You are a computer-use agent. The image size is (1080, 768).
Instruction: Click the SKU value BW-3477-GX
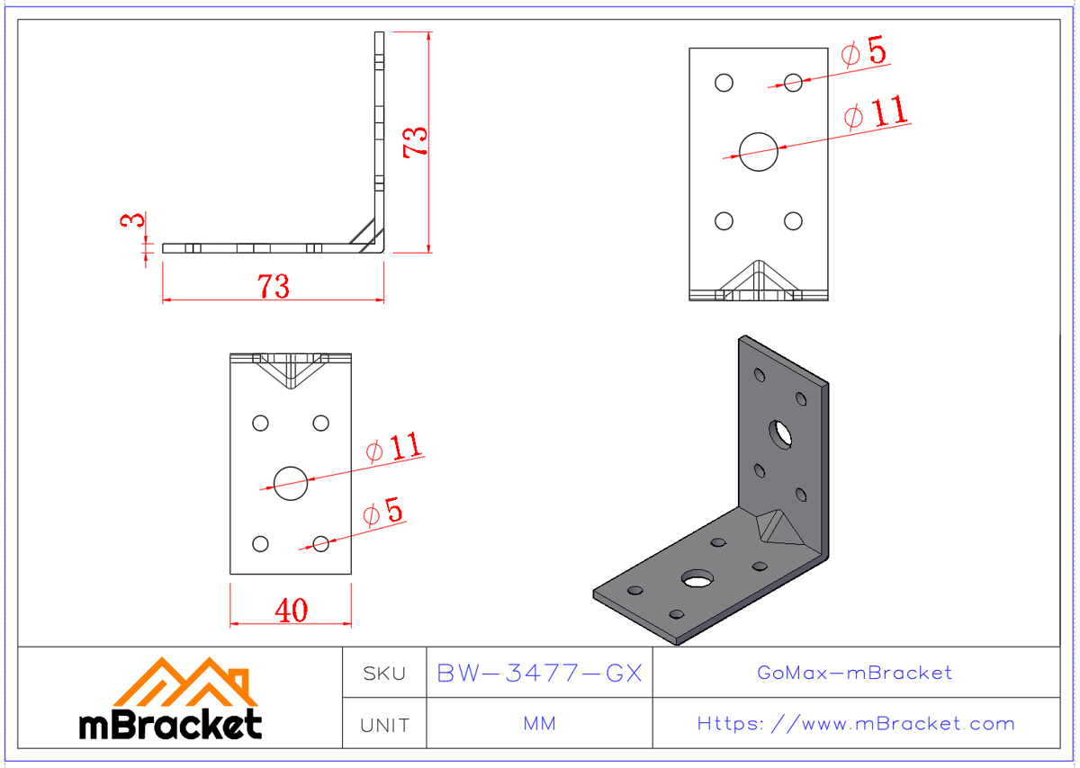point(539,673)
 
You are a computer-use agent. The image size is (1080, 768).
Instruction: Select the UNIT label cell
point(384,725)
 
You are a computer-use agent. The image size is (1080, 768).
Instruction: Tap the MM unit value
point(539,724)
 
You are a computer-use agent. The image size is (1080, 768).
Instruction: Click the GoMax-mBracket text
point(855,673)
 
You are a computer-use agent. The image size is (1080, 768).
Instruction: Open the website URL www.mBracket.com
point(856,724)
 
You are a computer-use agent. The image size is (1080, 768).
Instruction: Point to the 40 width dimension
point(291,611)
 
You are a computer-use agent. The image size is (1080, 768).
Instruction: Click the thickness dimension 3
point(132,220)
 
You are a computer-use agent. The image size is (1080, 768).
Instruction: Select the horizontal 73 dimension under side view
point(274,287)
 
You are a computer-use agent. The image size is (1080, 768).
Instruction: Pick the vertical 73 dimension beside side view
point(416,142)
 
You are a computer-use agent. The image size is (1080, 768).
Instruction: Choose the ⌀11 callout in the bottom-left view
point(394,448)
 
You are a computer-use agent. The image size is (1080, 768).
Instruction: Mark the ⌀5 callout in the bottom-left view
point(383,513)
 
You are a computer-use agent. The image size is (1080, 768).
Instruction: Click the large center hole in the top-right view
point(758,151)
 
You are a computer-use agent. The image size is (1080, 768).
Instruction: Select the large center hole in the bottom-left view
point(291,483)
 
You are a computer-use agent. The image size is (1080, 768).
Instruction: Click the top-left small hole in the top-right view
point(724,83)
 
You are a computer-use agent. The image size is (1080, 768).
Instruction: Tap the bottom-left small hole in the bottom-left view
point(260,543)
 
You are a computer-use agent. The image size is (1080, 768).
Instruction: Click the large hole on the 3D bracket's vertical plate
point(779,433)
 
